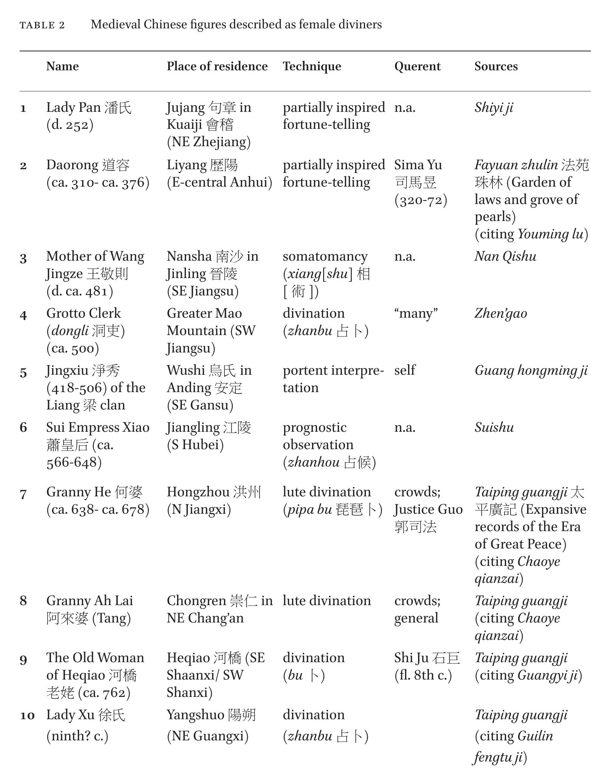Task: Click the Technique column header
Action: pyautogui.click(x=312, y=66)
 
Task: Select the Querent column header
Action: pyautogui.click(x=417, y=66)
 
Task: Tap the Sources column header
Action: pyautogui.click(x=496, y=66)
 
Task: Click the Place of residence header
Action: pyautogui.click(x=217, y=66)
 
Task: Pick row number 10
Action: pyautogui.click(x=27, y=715)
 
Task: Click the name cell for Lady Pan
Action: pyautogui.click(x=89, y=116)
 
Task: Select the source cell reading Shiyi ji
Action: pyautogui.click(x=494, y=108)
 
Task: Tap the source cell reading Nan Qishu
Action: pyautogui.click(x=505, y=256)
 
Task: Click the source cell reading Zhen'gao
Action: pyautogui.click(x=500, y=314)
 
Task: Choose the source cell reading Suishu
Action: pyautogui.click(x=494, y=428)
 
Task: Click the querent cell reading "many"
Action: pyautogui.click(x=416, y=314)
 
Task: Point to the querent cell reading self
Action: pyautogui.click(x=404, y=370)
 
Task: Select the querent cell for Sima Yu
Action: pyautogui.click(x=421, y=182)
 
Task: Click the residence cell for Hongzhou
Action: pyautogui.click(x=214, y=500)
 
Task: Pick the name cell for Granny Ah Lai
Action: pyautogui.click(x=90, y=609)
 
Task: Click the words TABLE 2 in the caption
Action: pyautogui.click(x=42, y=25)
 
